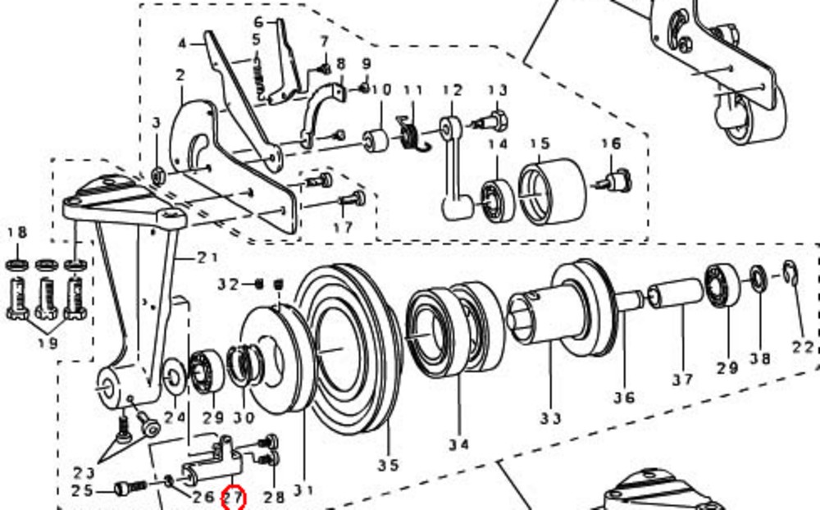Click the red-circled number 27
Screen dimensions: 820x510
(x=234, y=497)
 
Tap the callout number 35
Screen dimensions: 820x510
(x=388, y=465)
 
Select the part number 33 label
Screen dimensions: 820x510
(x=551, y=418)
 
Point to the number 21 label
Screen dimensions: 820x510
(x=207, y=257)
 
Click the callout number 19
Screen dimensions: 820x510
(x=48, y=344)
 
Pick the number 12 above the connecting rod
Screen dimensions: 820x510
(x=453, y=90)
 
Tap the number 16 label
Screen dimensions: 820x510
(x=611, y=143)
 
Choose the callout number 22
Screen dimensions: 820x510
(x=803, y=348)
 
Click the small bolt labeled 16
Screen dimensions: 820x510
(x=616, y=180)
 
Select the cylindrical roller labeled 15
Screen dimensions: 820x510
(x=552, y=192)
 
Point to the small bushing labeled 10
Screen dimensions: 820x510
(x=376, y=141)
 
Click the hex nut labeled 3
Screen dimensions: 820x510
(x=158, y=176)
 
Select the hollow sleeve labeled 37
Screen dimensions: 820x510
(x=675, y=294)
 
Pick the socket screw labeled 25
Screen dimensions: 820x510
(x=130, y=489)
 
